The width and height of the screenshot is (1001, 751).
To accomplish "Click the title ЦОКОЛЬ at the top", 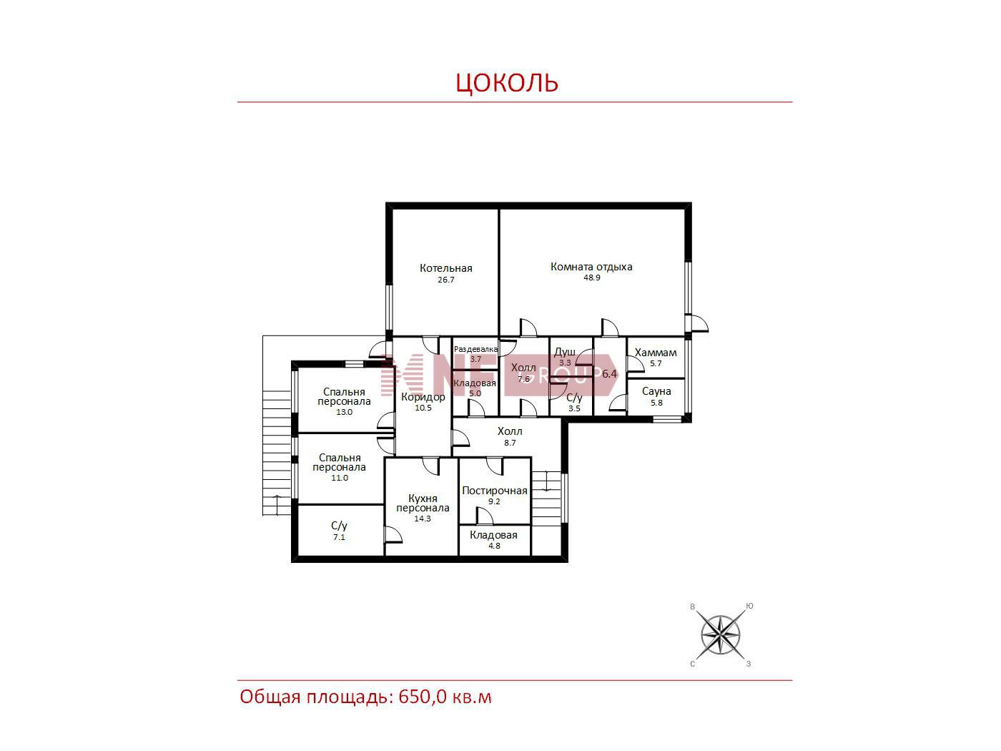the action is point(507,82).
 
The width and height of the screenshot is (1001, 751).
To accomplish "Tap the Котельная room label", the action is point(445,268).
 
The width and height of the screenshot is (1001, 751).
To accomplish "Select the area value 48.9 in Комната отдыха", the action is point(591,278).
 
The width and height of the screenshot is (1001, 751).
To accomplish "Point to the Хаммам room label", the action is point(656,353).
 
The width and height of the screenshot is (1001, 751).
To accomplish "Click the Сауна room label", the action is point(656,391).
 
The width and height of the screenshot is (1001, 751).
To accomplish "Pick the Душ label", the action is point(565,353).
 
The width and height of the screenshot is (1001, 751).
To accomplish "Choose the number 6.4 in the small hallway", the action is point(609,374).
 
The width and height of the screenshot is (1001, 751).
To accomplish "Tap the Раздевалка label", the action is point(475,349).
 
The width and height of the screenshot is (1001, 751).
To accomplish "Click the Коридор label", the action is point(423,397).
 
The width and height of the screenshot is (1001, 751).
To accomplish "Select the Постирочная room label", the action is point(494,491).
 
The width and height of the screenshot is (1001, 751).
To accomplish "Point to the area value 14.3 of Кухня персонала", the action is point(423,519).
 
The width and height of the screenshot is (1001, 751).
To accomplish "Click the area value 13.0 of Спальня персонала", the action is point(344,412).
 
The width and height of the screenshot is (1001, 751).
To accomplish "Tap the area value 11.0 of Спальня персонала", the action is point(340,478).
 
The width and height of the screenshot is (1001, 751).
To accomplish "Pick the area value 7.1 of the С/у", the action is point(339,537).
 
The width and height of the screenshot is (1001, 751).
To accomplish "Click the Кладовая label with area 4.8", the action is point(493,535).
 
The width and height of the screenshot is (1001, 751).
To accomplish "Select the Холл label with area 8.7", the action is point(510,431).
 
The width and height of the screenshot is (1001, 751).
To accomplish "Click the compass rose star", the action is point(720,634).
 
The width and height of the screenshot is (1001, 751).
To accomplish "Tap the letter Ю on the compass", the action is point(749,606).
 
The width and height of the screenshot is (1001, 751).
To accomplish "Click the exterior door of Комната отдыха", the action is point(696,323).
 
